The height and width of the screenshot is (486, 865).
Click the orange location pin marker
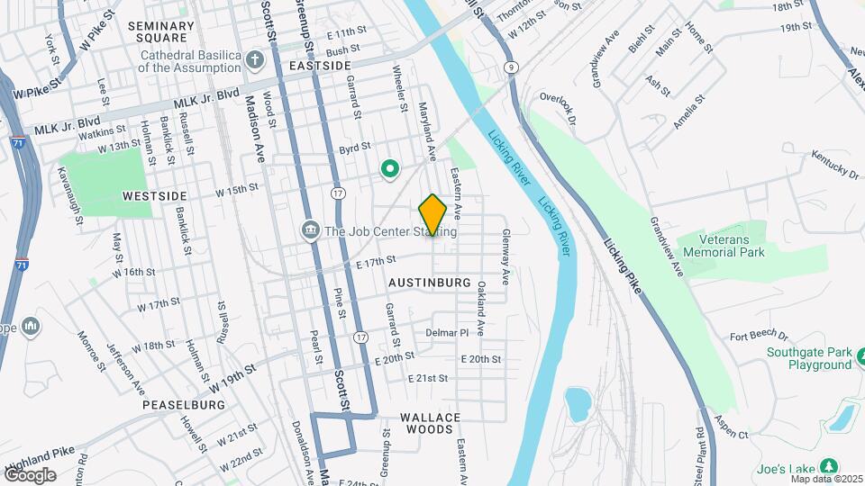click(432, 215)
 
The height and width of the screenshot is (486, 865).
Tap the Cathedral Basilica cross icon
click(255, 60)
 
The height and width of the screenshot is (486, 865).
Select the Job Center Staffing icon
click(310, 231)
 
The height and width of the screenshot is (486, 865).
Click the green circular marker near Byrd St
click(390, 168)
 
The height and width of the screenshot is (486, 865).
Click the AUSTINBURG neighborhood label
click(430, 283)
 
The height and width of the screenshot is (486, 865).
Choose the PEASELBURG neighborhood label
click(184, 405)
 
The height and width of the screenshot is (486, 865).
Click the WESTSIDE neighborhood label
click(154, 195)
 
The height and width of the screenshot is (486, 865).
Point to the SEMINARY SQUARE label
click(161, 32)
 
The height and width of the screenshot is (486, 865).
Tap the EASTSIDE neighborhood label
click(320, 67)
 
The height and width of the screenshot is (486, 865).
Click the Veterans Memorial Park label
click(724, 246)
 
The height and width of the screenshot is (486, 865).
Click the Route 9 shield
click(511, 67)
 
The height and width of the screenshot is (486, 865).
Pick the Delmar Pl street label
click(448, 332)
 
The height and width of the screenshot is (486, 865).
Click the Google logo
click(30, 474)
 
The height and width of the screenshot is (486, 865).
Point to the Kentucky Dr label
click(834, 166)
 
